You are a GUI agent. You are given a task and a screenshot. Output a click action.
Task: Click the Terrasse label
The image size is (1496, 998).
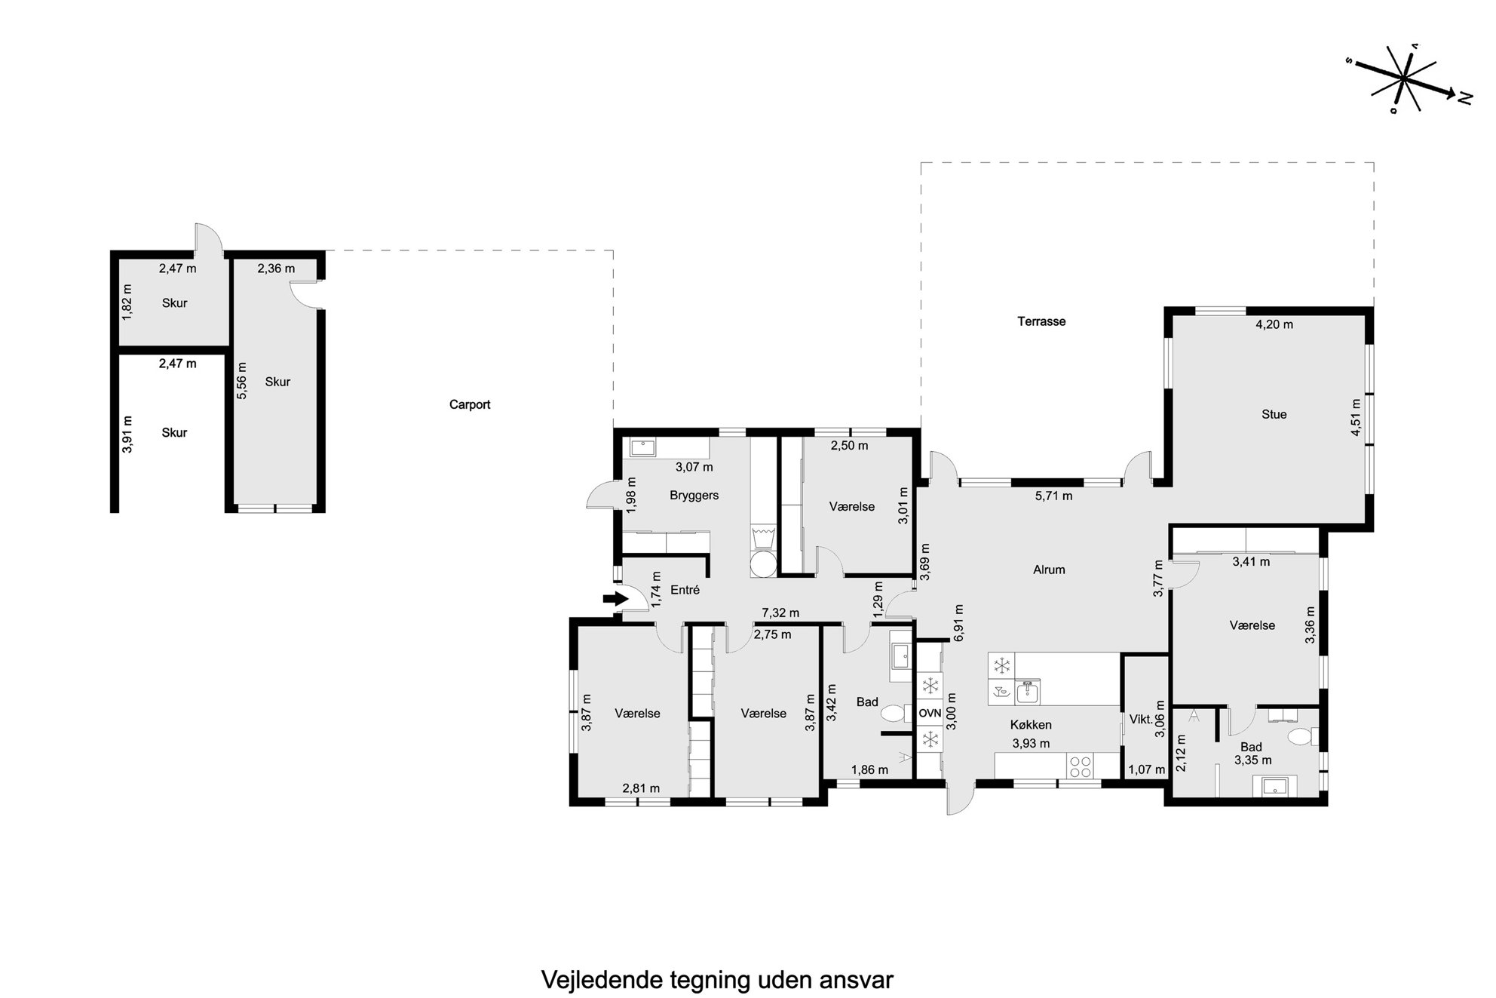1041,321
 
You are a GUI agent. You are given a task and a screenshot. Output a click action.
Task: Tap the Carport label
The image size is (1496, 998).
470,404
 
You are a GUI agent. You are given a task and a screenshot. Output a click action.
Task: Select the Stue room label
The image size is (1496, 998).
1274,414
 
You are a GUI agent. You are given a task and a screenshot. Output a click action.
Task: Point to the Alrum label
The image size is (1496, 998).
1049,570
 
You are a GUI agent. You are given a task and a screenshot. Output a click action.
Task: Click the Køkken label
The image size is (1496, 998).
1031,725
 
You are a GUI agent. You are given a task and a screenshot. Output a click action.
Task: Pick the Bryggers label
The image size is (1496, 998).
694,496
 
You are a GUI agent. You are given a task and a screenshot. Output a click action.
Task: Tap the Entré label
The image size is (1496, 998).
685,590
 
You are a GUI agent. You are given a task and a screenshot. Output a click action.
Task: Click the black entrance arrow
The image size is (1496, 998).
616,599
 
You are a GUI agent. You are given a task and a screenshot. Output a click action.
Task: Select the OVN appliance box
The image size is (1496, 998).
930,713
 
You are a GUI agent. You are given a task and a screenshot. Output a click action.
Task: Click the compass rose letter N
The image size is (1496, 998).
1465,97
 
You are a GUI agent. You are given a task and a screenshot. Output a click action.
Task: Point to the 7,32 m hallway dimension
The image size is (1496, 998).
780,613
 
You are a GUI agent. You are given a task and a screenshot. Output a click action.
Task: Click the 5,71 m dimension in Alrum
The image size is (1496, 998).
1053,496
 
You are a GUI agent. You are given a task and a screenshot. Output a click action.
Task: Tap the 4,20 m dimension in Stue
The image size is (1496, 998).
1274,324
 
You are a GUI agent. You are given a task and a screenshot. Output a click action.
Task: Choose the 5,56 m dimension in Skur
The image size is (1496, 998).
242,381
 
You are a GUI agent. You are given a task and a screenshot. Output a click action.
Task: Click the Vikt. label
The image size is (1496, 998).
1141,720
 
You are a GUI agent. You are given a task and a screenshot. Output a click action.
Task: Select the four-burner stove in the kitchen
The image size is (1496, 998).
1081,766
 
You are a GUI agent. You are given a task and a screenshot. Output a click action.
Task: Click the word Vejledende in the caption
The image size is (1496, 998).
602,980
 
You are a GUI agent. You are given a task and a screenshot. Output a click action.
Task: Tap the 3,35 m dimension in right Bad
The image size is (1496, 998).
1252,760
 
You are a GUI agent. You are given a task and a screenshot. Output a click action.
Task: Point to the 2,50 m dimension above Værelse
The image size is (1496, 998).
849,446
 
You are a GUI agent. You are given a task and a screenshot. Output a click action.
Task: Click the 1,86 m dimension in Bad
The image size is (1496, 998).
869,770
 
